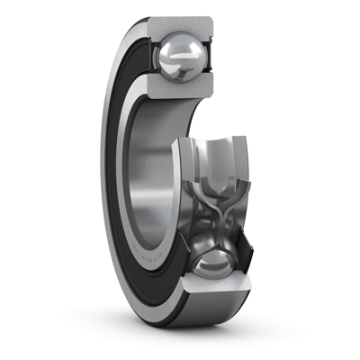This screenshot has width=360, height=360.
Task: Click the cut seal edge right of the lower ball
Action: [239, 266]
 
